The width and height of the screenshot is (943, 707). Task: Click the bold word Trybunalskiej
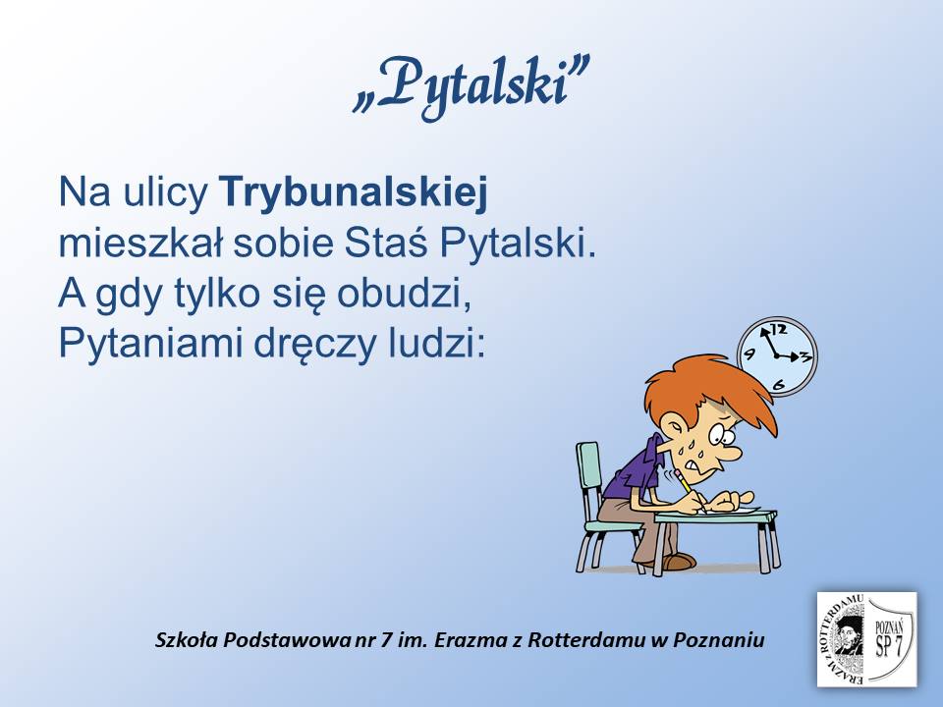[355, 192]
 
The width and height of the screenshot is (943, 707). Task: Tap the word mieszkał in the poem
[140, 243]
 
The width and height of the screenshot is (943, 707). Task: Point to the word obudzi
[404, 294]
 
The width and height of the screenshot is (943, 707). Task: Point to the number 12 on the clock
[779, 329]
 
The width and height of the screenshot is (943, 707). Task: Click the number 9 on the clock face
[749, 353]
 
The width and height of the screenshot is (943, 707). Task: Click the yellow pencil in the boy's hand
[690, 491]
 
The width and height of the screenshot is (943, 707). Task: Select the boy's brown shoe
[679, 562]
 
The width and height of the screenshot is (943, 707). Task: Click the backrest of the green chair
[588, 475]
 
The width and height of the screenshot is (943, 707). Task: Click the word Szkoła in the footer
[187, 639]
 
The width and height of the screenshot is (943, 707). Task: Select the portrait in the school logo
[847, 637]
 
